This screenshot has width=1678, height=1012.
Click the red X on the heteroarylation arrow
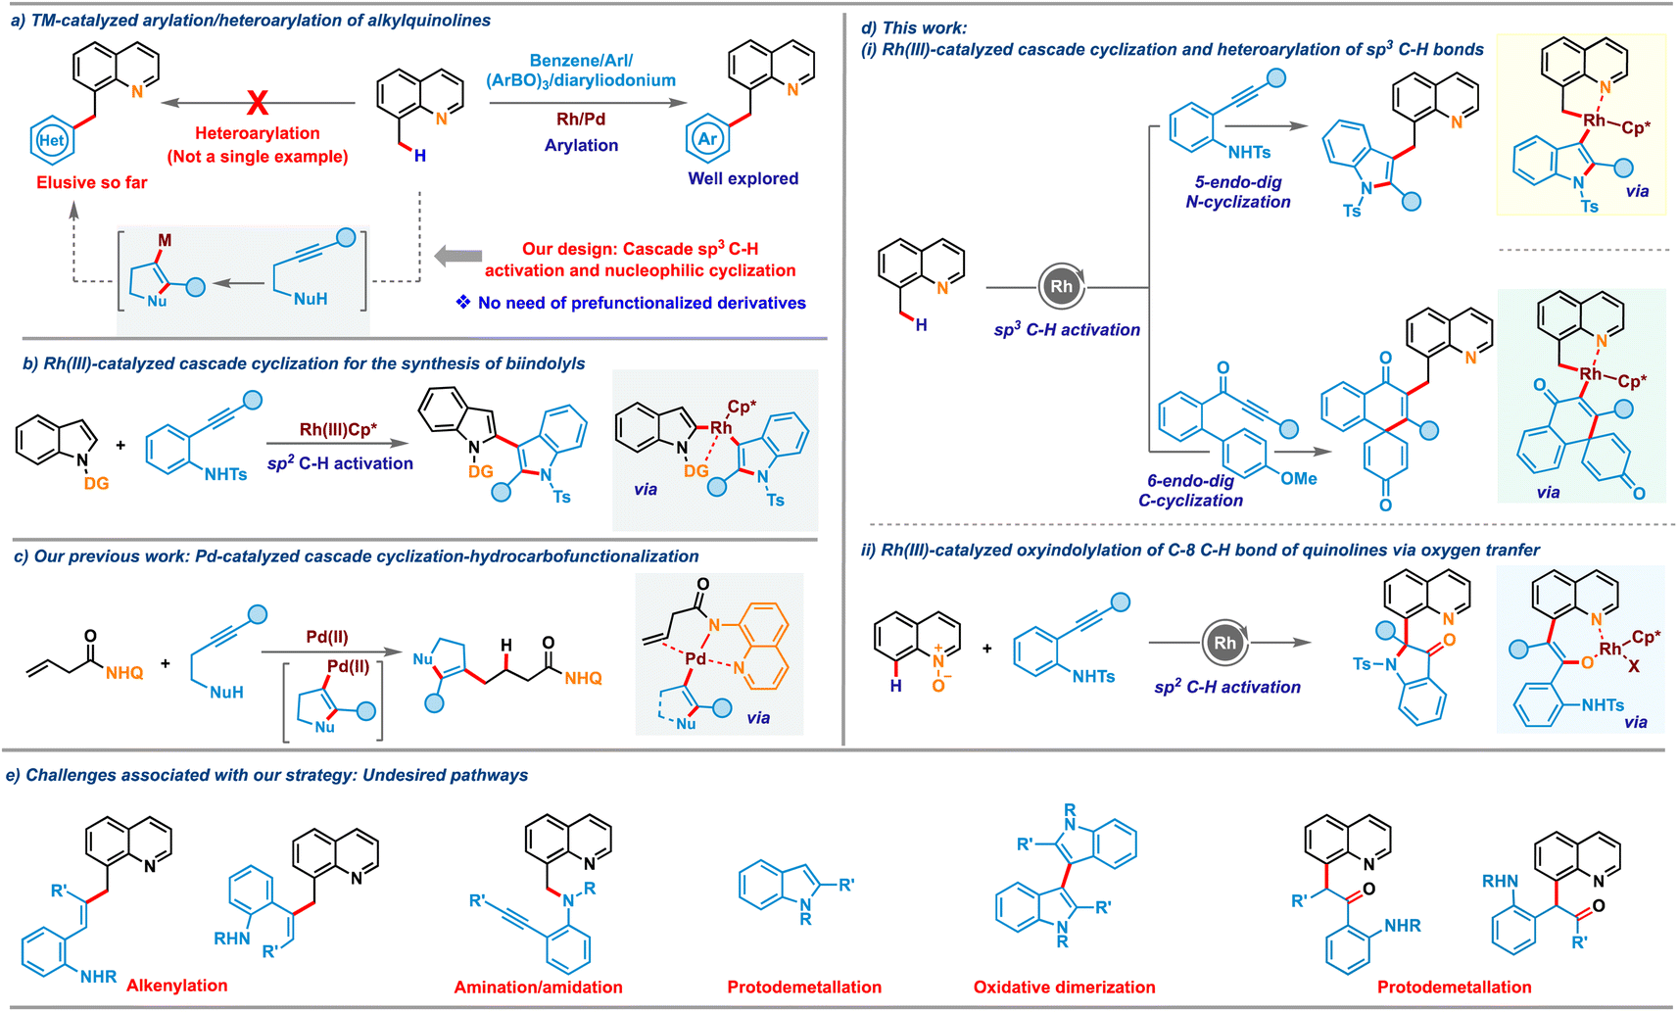pos(258,102)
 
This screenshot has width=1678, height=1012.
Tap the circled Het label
pos(51,140)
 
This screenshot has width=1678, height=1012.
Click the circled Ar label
pos(707,138)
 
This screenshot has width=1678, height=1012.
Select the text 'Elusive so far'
pos(92,182)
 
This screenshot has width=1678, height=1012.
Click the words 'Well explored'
pos(743,178)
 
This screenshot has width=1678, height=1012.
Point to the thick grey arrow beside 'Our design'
pos(457,256)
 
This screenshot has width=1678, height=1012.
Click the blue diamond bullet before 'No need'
pos(463,302)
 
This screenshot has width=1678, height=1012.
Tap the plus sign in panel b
pos(120,445)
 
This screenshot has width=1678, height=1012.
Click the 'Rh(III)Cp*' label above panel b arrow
pos(338,429)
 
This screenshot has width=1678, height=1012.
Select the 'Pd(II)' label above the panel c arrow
pos(327,637)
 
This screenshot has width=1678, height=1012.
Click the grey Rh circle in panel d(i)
pos(1062,286)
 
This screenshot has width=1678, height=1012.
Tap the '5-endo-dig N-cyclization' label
pos(1238,192)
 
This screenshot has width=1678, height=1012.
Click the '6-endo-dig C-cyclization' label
pos(1190,491)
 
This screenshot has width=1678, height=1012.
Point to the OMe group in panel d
pos(1298,478)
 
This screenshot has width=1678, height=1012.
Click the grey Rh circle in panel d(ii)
pos(1225,643)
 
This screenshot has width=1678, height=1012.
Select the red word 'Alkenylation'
pos(177,986)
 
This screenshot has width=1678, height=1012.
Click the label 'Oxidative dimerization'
pos(1064,988)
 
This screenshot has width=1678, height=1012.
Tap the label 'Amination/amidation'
pos(538,988)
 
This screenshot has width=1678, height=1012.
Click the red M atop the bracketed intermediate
pos(165,240)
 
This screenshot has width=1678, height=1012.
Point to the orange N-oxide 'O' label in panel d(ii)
pos(937,685)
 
